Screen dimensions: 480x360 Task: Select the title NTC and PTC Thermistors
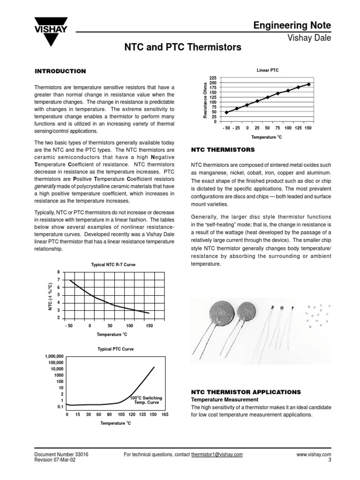[182, 47]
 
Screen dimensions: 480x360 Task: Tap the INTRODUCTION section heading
[60, 71]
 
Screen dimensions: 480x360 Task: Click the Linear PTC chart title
[268, 70]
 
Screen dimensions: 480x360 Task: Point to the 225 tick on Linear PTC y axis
[213, 78]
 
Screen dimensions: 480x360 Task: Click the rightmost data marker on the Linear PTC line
[308, 84]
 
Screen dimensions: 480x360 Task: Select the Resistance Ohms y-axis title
[205, 100]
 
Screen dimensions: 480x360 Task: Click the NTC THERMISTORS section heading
[223, 150]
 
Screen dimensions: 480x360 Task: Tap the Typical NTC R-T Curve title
[113, 265]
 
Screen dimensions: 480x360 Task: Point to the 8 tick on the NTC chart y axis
[59, 272]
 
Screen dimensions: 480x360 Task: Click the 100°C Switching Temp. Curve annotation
[147, 400]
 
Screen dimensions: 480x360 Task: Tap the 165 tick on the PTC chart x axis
[165, 415]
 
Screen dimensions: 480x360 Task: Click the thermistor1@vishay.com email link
[217, 455]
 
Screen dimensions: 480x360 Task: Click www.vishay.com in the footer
[314, 455]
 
